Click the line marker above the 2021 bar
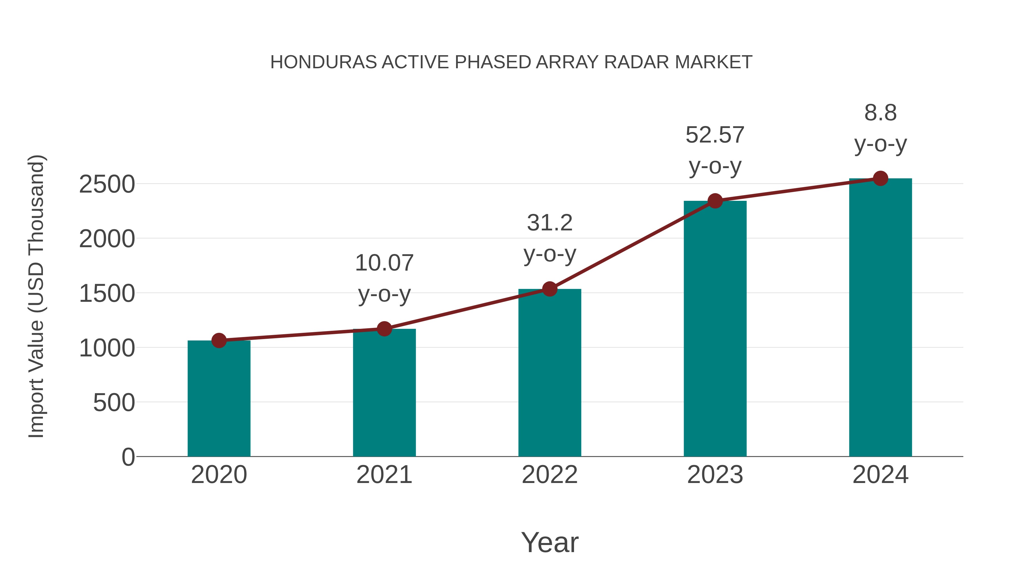point(384,329)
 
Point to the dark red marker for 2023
point(715,201)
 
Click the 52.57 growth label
point(715,135)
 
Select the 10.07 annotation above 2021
point(384,263)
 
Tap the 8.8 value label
point(880,113)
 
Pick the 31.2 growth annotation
point(550,223)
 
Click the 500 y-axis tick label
point(114,403)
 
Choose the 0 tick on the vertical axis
point(128,457)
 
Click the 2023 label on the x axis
point(715,475)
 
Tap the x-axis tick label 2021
point(384,475)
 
